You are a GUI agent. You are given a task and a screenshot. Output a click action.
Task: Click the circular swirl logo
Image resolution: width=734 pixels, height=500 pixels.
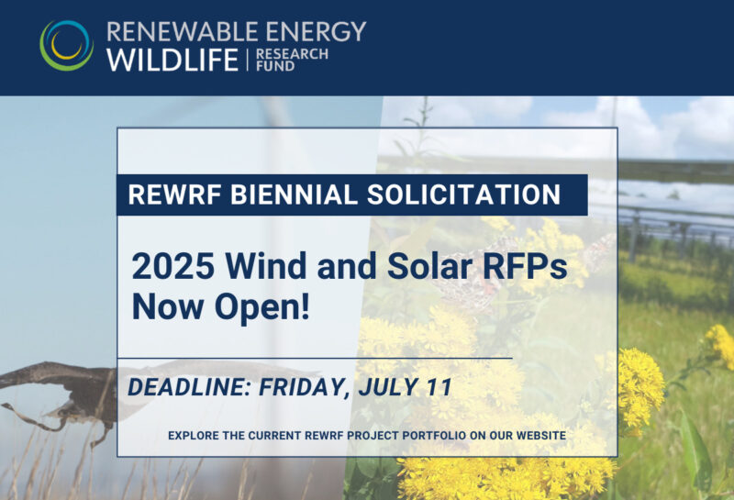66,45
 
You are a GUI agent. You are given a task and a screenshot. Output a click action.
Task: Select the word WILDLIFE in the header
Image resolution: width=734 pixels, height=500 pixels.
172,60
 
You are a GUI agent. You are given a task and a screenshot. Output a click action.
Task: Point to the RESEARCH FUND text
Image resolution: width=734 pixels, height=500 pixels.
292,60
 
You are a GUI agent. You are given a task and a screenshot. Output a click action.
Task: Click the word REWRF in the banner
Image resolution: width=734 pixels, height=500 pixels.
174,194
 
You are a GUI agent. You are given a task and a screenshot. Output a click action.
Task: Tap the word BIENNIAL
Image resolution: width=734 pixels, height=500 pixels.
294,194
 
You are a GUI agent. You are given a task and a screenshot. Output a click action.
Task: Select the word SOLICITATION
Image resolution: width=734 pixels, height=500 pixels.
463,194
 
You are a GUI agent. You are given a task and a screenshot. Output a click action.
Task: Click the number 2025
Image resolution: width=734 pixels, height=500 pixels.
173,266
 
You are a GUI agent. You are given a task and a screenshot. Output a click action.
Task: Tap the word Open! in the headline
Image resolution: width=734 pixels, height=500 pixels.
261,306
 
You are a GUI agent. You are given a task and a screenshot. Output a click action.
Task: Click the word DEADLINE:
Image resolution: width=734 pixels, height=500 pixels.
190,387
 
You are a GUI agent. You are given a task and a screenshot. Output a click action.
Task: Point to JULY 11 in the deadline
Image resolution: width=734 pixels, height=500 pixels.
406,387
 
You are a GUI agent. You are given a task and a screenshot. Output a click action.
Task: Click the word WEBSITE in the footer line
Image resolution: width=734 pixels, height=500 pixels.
541,436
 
